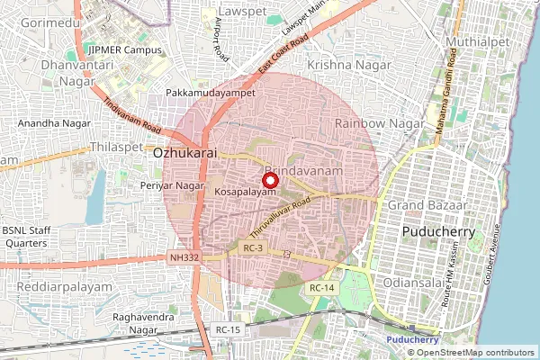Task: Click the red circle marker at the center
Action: pyautogui.click(x=268, y=180)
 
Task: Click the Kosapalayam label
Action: pyautogui.click(x=245, y=193)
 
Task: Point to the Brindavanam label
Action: pyautogui.click(x=303, y=169)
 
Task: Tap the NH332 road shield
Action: pyautogui.click(x=183, y=257)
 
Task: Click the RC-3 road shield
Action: pyautogui.click(x=252, y=247)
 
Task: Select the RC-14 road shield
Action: pyautogui.click(x=321, y=287)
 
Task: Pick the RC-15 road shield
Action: pyautogui.click(x=228, y=330)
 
